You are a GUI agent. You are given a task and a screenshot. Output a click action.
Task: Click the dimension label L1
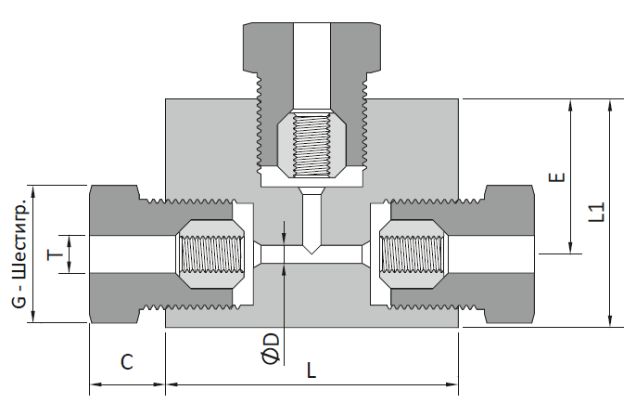click(x=597, y=212)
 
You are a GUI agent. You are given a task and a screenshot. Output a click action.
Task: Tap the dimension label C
click(x=127, y=362)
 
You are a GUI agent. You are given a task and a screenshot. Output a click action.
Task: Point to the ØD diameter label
click(x=271, y=348)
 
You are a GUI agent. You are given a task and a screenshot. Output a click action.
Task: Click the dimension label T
click(x=56, y=254)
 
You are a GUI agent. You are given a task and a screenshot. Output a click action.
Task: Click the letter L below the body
click(x=311, y=370)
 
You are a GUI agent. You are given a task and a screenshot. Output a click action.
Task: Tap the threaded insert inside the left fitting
click(x=210, y=254)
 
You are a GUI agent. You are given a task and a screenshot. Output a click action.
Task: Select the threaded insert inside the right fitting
click(x=413, y=254)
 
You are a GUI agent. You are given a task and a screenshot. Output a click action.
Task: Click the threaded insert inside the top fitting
click(x=312, y=144)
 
